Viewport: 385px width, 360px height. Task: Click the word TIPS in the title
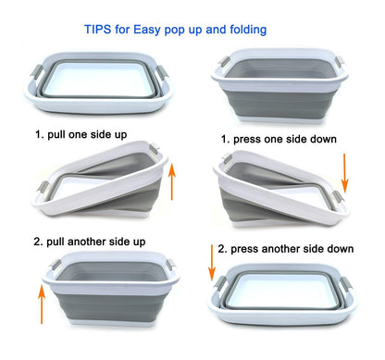(x=98, y=30)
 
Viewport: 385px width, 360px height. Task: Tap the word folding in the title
(x=248, y=30)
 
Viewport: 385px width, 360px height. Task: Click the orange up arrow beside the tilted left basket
(x=172, y=182)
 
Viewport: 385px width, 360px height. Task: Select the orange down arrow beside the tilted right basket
(x=345, y=173)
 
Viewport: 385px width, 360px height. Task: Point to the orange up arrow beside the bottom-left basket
(x=42, y=304)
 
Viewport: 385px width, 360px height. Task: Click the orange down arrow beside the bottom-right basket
(x=212, y=263)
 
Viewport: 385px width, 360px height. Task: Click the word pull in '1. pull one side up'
(x=56, y=135)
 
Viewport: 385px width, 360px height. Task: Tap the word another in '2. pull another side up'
(x=86, y=242)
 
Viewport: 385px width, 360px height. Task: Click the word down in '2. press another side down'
(x=341, y=249)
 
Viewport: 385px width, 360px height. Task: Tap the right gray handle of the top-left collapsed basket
(x=162, y=73)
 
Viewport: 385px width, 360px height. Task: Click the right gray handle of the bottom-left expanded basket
(x=171, y=265)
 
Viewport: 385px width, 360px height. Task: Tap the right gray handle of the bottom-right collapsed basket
(x=344, y=283)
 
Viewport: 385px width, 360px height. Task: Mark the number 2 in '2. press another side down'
(x=221, y=249)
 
